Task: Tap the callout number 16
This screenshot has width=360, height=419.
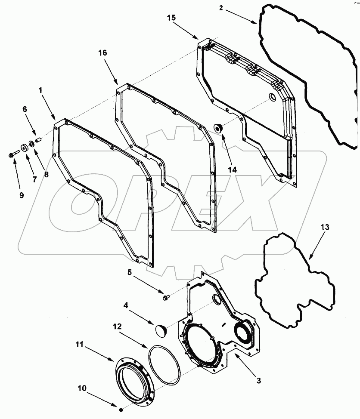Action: (102, 52)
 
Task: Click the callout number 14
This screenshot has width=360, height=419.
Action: (233, 170)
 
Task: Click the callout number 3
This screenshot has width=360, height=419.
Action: (258, 380)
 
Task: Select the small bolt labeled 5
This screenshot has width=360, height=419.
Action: (167, 296)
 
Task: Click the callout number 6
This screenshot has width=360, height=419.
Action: (25, 110)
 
